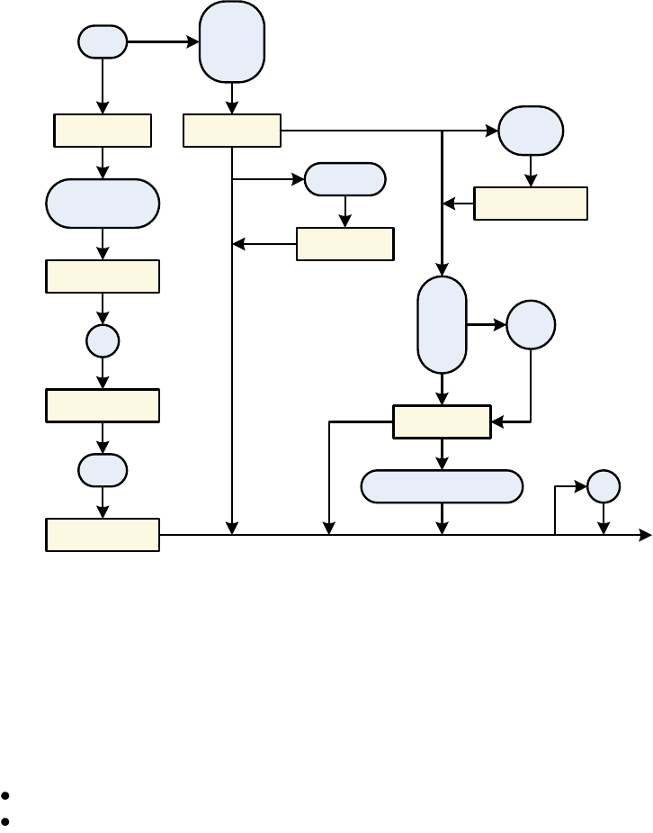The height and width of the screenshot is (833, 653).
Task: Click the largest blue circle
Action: click(531, 324)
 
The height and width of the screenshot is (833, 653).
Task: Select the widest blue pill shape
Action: click(442, 486)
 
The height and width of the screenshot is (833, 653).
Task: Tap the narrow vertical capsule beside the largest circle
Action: click(442, 324)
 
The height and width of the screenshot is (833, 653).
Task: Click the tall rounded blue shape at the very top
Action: click(232, 41)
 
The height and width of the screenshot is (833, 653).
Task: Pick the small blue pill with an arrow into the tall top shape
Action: click(103, 41)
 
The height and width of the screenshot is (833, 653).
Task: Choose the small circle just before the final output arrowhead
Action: click(604, 486)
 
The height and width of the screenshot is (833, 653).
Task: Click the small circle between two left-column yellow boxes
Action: click(103, 340)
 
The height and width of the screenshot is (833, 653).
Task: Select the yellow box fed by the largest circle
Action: click(442, 421)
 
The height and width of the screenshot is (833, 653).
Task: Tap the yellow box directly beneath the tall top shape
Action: click(232, 131)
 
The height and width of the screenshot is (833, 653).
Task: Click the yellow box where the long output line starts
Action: click(103, 535)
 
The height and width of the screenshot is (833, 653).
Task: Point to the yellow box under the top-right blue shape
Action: click(531, 204)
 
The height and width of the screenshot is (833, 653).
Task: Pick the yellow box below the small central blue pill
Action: click(344, 244)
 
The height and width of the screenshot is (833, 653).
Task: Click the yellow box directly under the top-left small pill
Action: click(103, 131)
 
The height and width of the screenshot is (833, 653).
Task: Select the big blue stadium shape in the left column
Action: click(103, 204)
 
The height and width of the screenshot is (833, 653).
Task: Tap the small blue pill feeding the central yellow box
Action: click(344, 179)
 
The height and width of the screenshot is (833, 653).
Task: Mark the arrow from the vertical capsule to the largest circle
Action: click(487, 324)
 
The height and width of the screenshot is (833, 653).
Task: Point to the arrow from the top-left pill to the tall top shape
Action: click(163, 41)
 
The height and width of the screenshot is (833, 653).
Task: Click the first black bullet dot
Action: click(6, 796)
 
